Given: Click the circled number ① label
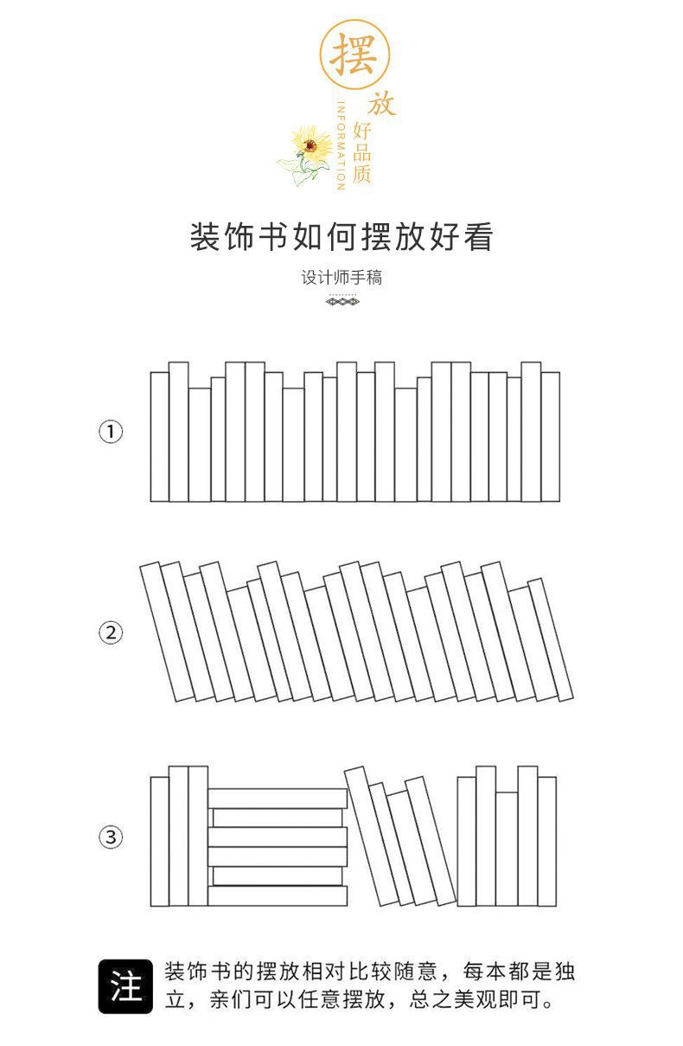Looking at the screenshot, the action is [x=110, y=431].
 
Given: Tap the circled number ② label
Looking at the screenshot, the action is [x=110, y=633].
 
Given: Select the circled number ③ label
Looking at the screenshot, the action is [x=110, y=837].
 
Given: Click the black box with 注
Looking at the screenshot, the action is [x=125, y=986].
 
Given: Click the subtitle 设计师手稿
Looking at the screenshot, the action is [x=341, y=278].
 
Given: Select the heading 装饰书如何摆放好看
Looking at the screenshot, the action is [x=341, y=236].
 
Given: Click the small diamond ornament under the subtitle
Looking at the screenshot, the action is [x=342, y=301].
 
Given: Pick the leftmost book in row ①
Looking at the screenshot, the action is [x=159, y=437].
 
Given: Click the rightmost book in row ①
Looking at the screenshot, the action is [x=550, y=437].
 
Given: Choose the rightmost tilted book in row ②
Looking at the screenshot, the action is [x=551, y=639].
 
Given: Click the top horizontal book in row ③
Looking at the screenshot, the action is [x=278, y=799].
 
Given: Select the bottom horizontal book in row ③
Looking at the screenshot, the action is [x=278, y=895].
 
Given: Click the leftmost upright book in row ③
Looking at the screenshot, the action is [x=159, y=841].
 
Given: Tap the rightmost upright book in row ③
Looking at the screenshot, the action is [x=546, y=841].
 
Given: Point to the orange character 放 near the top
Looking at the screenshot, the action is [x=381, y=105].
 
